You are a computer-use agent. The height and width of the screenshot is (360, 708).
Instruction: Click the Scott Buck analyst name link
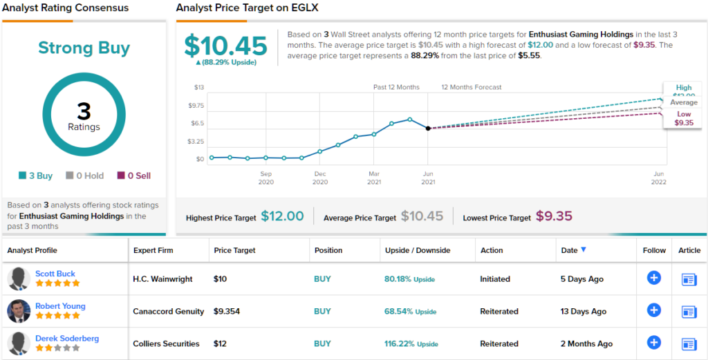(55, 274)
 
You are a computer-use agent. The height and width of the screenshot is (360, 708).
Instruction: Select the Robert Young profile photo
(18, 311)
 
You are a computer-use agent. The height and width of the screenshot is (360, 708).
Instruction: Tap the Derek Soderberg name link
(66, 339)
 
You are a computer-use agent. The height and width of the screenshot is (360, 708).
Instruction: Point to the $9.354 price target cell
(227, 312)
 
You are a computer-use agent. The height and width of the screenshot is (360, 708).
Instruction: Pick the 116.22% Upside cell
(411, 343)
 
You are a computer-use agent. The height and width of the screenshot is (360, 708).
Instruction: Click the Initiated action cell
(495, 279)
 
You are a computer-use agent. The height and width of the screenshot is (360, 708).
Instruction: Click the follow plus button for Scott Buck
(653, 278)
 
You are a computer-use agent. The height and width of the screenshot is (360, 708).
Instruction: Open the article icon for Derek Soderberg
(689, 343)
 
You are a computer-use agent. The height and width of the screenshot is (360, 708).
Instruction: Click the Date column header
(573, 250)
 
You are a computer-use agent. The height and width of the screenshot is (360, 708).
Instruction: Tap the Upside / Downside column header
(417, 250)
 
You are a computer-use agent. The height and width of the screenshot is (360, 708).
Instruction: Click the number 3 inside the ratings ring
(84, 111)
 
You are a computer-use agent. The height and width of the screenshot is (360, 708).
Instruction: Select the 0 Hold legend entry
(84, 176)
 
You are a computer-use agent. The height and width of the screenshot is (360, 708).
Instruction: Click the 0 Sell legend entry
(133, 176)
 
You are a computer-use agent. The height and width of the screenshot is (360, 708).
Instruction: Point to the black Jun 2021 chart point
(428, 129)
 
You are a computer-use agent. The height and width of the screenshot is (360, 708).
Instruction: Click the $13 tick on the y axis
(199, 87)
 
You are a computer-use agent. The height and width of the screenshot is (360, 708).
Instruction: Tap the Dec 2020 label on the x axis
(320, 178)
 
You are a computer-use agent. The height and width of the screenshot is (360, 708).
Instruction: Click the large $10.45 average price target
(225, 46)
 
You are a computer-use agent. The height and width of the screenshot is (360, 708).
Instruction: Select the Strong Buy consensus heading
(84, 48)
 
